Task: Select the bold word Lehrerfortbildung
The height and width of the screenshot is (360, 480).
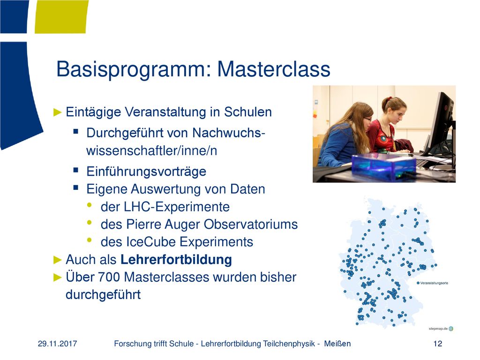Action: pyautogui.click(x=176, y=260)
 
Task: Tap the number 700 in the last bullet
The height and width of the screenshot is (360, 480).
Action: pyautogui.click(x=109, y=277)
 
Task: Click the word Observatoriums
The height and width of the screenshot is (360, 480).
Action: pyautogui.click(x=251, y=225)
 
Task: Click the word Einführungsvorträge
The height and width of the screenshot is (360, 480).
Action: pyautogui.click(x=146, y=172)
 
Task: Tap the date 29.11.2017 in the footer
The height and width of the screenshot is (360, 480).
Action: pyautogui.click(x=57, y=344)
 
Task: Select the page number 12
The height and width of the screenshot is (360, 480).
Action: pyautogui.click(x=438, y=344)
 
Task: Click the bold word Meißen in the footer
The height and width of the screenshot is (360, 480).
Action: pyautogui.click(x=337, y=344)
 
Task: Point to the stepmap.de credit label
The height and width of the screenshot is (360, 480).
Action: pyautogui.click(x=438, y=329)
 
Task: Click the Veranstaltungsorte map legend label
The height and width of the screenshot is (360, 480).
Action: pyautogui.click(x=434, y=283)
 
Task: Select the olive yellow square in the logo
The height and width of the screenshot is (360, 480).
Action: pyautogui.click(x=61, y=16)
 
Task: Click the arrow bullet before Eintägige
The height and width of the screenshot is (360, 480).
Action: pyautogui.click(x=58, y=112)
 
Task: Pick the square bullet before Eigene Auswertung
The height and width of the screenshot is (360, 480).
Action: pyautogui.click(x=76, y=187)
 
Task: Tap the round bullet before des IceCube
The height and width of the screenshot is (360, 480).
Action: pyautogui.click(x=90, y=240)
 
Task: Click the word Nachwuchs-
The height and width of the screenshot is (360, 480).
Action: pyautogui.click(x=228, y=133)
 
